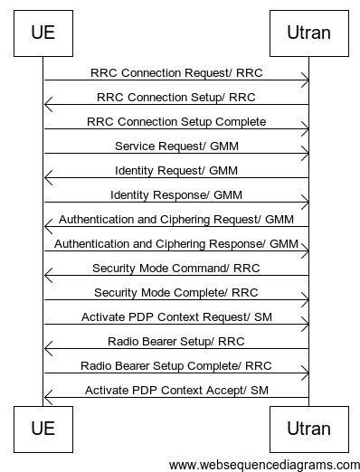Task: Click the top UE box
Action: click(x=43, y=33)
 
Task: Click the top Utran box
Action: click(x=308, y=33)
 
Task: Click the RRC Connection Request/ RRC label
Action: click(x=176, y=72)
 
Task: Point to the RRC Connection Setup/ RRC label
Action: click(x=176, y=97)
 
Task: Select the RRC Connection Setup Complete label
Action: click(x=176, y=121)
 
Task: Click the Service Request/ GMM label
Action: click(x=176, y=146)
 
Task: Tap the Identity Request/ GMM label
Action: click(x=176, y=170)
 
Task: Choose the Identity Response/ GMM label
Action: click(x=176, y=194)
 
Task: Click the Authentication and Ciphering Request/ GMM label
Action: click(x=176, y=219)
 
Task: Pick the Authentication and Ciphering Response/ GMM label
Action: click(x=176, y=243)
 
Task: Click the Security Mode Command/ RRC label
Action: click(x=176, y=268)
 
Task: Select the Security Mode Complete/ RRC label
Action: click(x=176, y=292)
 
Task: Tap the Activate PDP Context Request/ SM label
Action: click(x=176, y=316)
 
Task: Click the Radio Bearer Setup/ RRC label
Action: click(x=176, y=341)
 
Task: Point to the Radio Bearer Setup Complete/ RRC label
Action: click(x=176, y=365)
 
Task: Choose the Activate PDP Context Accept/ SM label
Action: click(x=176, y=390)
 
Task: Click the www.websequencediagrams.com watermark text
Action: click(x=264, y=464)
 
